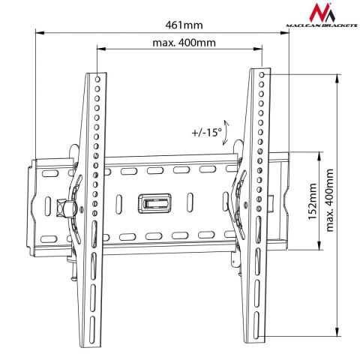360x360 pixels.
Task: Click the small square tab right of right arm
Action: pos(269,202)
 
